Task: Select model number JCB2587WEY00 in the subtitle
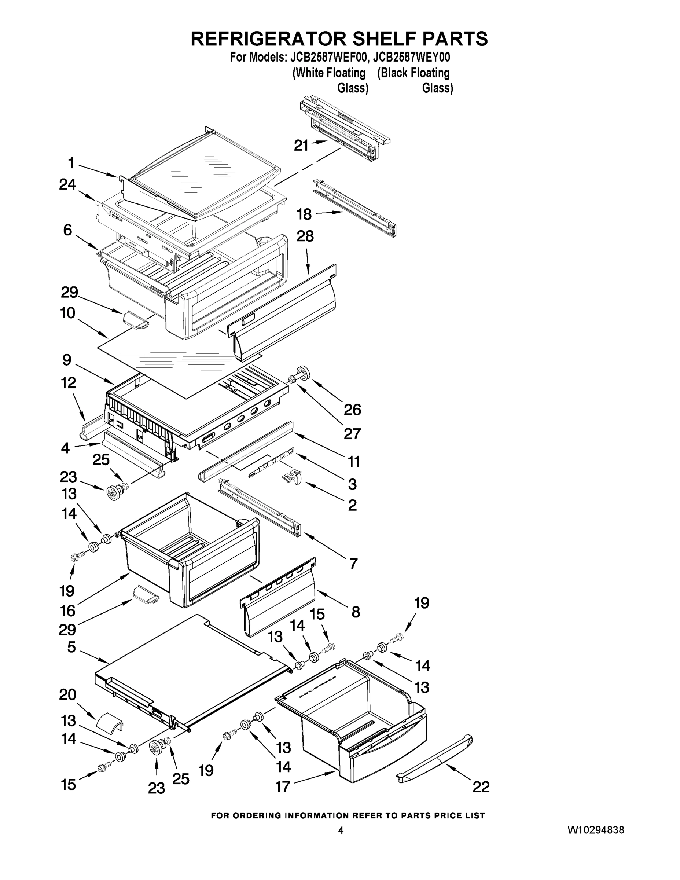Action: click(x=411, y=57)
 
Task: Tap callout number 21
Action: click(x=301, y=146)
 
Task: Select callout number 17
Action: click(x=282, y=786)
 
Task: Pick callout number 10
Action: click(x=68, y=313)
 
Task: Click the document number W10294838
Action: click(x=596, y=830)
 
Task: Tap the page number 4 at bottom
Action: click(x=341, y=830)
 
